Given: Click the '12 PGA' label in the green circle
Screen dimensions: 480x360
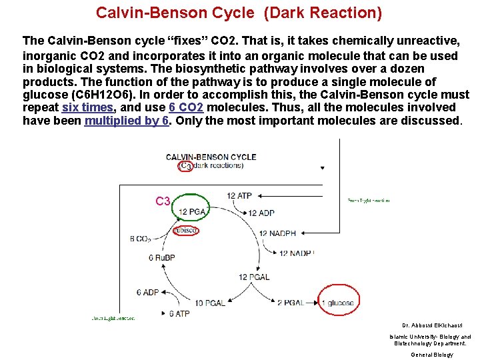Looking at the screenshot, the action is tap(193, 212).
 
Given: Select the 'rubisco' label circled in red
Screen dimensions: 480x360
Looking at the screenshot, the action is tap(185, 231).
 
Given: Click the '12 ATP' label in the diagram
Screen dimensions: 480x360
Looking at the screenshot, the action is tap(239, 195).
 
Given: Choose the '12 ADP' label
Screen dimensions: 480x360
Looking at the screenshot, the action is tap(261, 213).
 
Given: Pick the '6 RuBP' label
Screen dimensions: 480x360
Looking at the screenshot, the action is tap(161, 258).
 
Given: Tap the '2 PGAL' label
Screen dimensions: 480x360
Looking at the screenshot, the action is tap(291, 302).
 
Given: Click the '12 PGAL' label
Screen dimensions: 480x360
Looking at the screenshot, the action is tap(255, 277).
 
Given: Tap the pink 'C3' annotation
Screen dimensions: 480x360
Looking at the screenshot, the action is tap(163, 201).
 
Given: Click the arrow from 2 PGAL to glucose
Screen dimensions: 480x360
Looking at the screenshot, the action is tap(313, 302).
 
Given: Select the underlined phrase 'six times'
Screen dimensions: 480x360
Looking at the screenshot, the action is tap(87, 107).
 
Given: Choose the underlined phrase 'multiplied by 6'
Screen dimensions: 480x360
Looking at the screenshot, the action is tap(126, 121).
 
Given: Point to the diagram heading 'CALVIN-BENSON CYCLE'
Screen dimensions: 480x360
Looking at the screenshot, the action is tap(211, 157).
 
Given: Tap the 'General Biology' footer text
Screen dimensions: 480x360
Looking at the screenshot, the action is tap(431, 355).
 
